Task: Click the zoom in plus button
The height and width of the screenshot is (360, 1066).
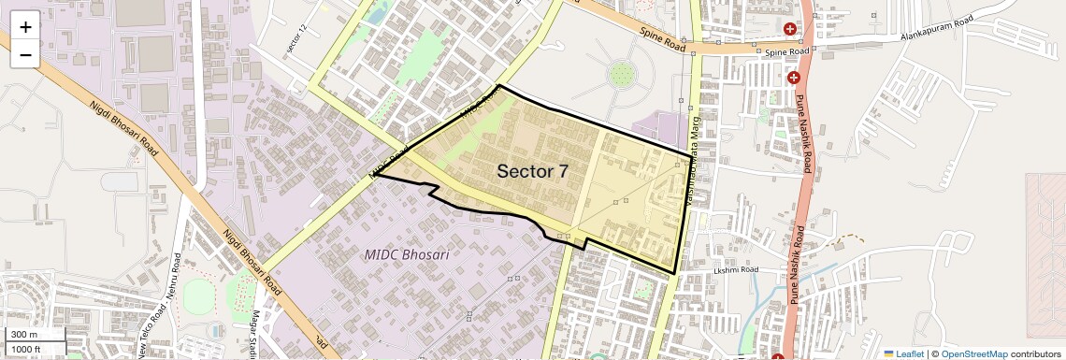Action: coord(25,26)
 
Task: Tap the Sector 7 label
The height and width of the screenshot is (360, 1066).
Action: coord(532,171)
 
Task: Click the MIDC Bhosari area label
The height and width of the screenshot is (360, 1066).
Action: coord(407,254)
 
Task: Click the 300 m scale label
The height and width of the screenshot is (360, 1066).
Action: coord(24,335)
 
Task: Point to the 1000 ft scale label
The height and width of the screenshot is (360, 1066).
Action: coord(27,349)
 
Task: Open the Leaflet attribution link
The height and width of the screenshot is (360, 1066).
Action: coord(903,353)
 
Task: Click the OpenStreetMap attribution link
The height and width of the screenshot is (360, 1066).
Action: coord(973,353)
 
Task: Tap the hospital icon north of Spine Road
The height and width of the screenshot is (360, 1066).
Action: coord(791,29)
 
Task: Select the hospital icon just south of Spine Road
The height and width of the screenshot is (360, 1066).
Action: coord(793,78)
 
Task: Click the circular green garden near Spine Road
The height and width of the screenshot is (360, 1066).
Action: coord(620,73)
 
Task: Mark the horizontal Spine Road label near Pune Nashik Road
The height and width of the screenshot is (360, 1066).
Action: coord(786,52)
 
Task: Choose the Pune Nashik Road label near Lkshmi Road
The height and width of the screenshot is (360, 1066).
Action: coord(796,264)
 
